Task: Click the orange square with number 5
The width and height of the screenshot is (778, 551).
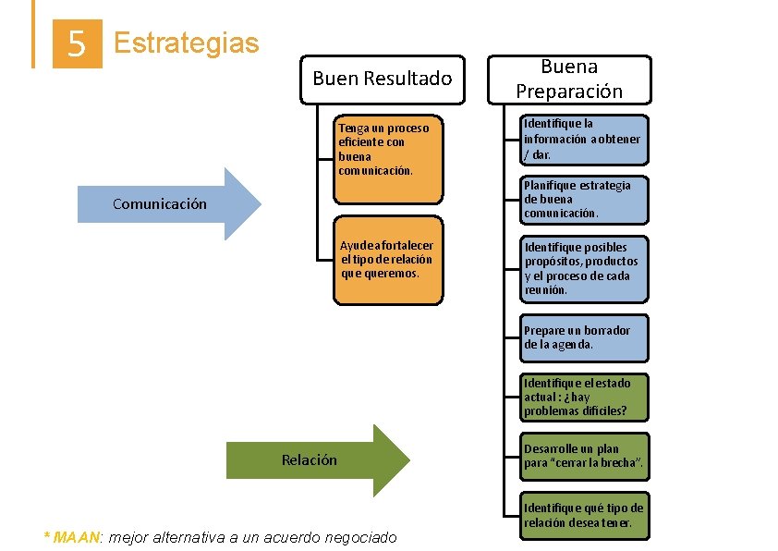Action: [x=78, y=43]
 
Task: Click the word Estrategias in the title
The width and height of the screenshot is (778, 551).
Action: [x=186, y=43]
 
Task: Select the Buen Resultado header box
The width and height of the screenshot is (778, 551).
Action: [x=383, y=79]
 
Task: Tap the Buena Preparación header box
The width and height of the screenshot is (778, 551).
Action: [x=569, y=79]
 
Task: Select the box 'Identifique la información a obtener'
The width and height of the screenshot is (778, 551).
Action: [x=582, y=139]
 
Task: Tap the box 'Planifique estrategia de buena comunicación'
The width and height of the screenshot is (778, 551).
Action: [x=582, y=199]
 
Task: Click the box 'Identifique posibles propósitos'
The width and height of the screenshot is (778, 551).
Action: [x=582, y=268]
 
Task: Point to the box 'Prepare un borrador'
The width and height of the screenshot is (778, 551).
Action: [x=582, y=337]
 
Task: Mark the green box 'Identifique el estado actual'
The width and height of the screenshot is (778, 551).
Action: [x=582, y=397]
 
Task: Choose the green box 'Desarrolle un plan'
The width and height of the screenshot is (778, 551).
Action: [x=582, y=456]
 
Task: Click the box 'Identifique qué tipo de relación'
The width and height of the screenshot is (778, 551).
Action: [x=582, y=515]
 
